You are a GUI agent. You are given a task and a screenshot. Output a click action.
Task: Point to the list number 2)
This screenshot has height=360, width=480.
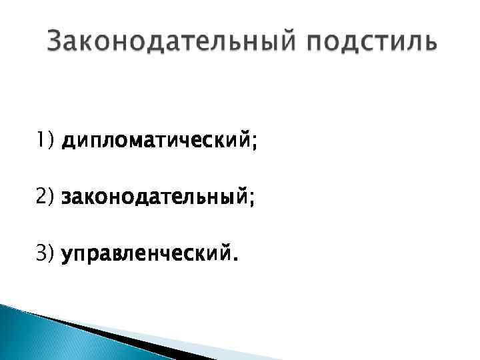[x=47, y=197]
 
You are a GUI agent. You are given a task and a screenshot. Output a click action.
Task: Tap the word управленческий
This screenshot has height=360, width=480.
[x=145, y=253]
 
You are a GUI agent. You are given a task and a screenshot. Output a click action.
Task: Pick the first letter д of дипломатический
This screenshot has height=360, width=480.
[x=67, y=142]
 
